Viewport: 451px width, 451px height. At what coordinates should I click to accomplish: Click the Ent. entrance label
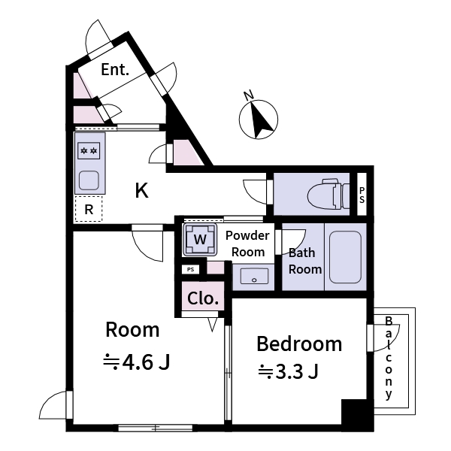115,72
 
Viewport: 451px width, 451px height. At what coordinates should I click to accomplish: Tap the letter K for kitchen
141,191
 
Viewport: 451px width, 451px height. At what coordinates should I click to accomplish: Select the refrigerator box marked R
89,210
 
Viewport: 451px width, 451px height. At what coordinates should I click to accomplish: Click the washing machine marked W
199,240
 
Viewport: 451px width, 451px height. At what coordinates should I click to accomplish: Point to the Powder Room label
247,244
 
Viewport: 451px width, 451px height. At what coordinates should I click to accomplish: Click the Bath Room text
305,261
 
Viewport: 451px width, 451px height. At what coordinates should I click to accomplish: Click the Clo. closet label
203,298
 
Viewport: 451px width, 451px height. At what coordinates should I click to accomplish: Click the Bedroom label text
299,344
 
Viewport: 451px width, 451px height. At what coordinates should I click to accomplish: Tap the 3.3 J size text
289,371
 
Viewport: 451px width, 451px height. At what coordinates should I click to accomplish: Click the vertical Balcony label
389,358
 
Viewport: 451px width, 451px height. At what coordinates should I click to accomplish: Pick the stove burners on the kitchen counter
89,151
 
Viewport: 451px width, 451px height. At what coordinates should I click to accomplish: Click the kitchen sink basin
89,180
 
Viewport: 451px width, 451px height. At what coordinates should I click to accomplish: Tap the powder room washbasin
254,277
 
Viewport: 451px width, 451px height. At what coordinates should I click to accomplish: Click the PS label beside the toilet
362,195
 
